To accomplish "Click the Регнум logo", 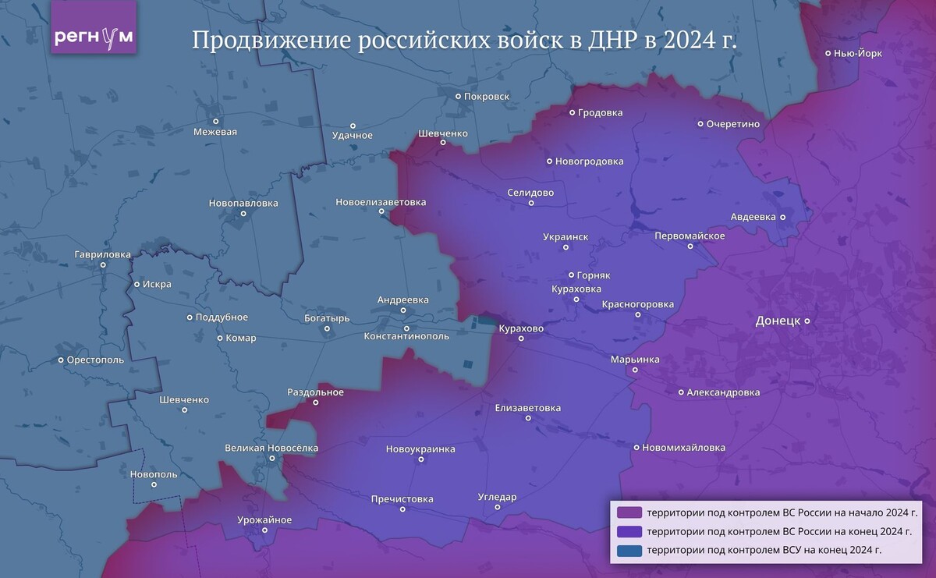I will point(94,37).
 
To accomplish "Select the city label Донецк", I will point(777,321).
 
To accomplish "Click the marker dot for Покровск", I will point(459,97).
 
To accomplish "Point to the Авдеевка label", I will point(753,217).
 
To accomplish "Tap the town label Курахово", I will point(521,329).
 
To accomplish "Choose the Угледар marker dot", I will point(498,508).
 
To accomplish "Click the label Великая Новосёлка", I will point(271,448).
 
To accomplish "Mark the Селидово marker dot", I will point(531,204).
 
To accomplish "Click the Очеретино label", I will point(732,124).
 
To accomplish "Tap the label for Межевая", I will point(215,132).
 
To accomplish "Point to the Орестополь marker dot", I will point(61,360).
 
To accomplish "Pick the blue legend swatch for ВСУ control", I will point(629,551).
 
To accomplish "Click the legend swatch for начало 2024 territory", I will point(629,512).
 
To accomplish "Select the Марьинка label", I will point(635,360).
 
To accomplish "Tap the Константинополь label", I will point(406,336).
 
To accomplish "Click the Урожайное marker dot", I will point(264,530).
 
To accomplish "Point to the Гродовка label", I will point(601,113).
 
